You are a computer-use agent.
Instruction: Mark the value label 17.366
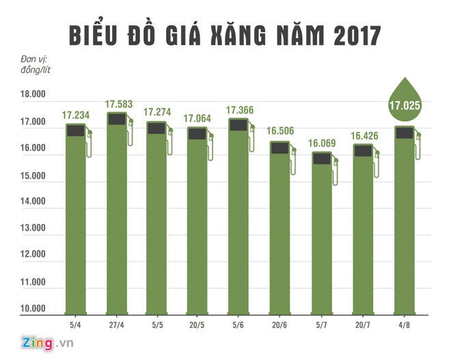coord(240,109)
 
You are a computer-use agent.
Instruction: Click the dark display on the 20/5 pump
coord(197,134)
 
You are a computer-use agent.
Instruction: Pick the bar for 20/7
coord(363,232)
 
